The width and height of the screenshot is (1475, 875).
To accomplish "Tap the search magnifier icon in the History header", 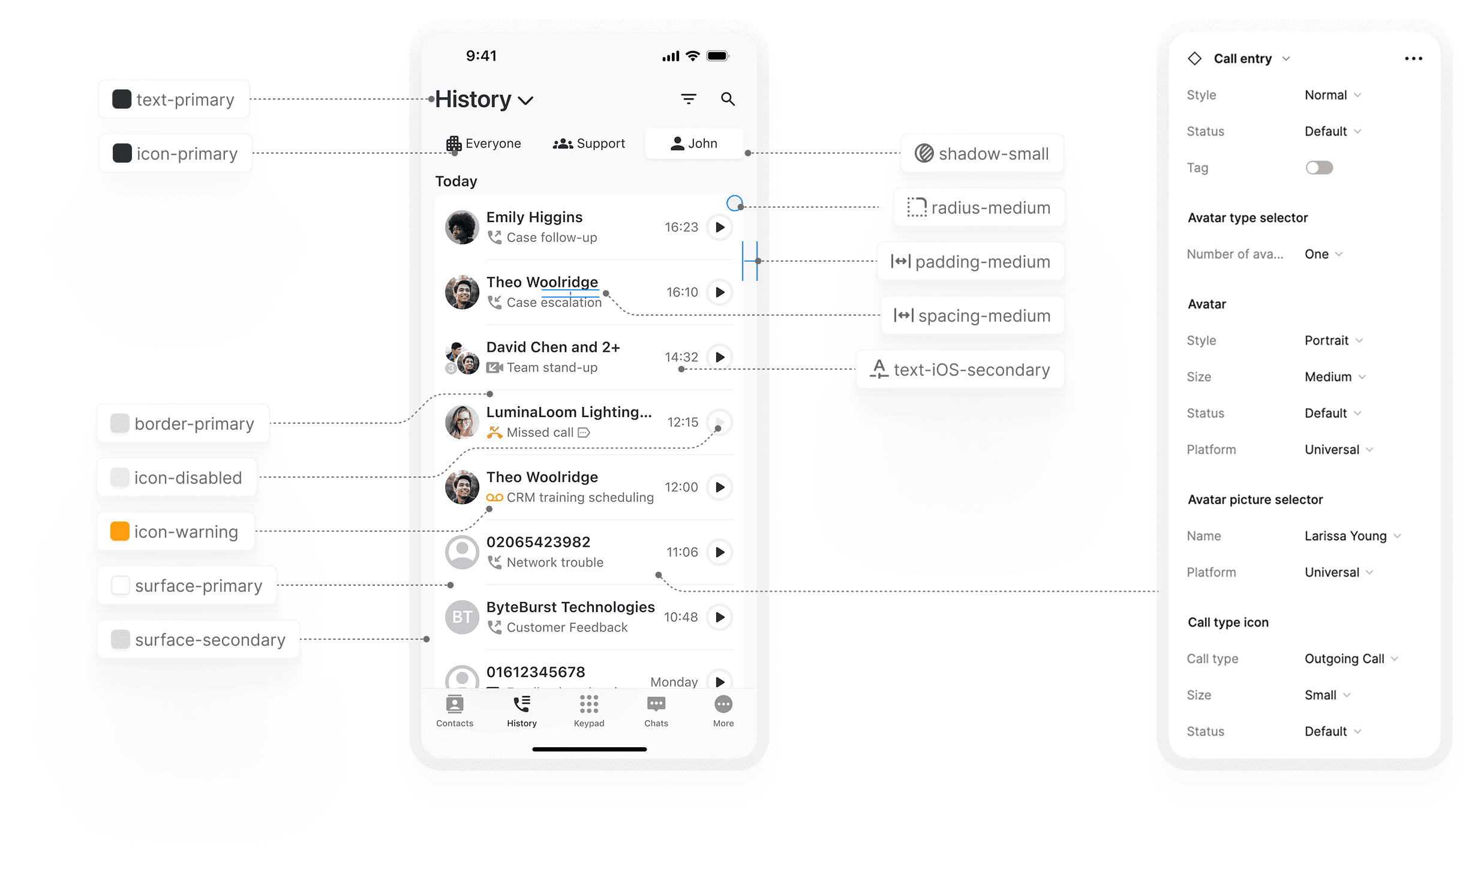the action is [728, 99].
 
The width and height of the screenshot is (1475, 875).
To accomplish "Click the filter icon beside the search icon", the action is [689, 99].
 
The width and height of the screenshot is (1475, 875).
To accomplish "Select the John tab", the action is [694, 143].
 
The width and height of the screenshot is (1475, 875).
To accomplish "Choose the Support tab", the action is [589, 143].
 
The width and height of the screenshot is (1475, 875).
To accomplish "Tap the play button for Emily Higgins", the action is [720, 227].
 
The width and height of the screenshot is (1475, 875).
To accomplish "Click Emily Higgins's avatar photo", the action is [462, 227].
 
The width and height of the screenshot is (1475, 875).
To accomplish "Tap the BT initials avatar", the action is [462, 617].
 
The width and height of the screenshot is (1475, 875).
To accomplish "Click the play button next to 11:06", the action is [720, 552].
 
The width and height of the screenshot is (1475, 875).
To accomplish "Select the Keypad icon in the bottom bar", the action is [589, 705].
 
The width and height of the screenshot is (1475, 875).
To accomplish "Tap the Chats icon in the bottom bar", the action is [656, 705].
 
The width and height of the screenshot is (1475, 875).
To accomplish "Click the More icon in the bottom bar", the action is [723, 705].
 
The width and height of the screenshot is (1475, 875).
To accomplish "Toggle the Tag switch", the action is [1319, 168].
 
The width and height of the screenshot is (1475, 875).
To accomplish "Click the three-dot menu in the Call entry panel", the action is [1413, 59].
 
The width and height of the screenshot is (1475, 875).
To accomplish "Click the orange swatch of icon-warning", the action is [120, 532].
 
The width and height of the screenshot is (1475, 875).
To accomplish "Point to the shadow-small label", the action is [993, 154].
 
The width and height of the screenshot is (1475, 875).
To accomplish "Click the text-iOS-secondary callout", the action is [971, 370].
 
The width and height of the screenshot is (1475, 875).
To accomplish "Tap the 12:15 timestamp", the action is [683, 422].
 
